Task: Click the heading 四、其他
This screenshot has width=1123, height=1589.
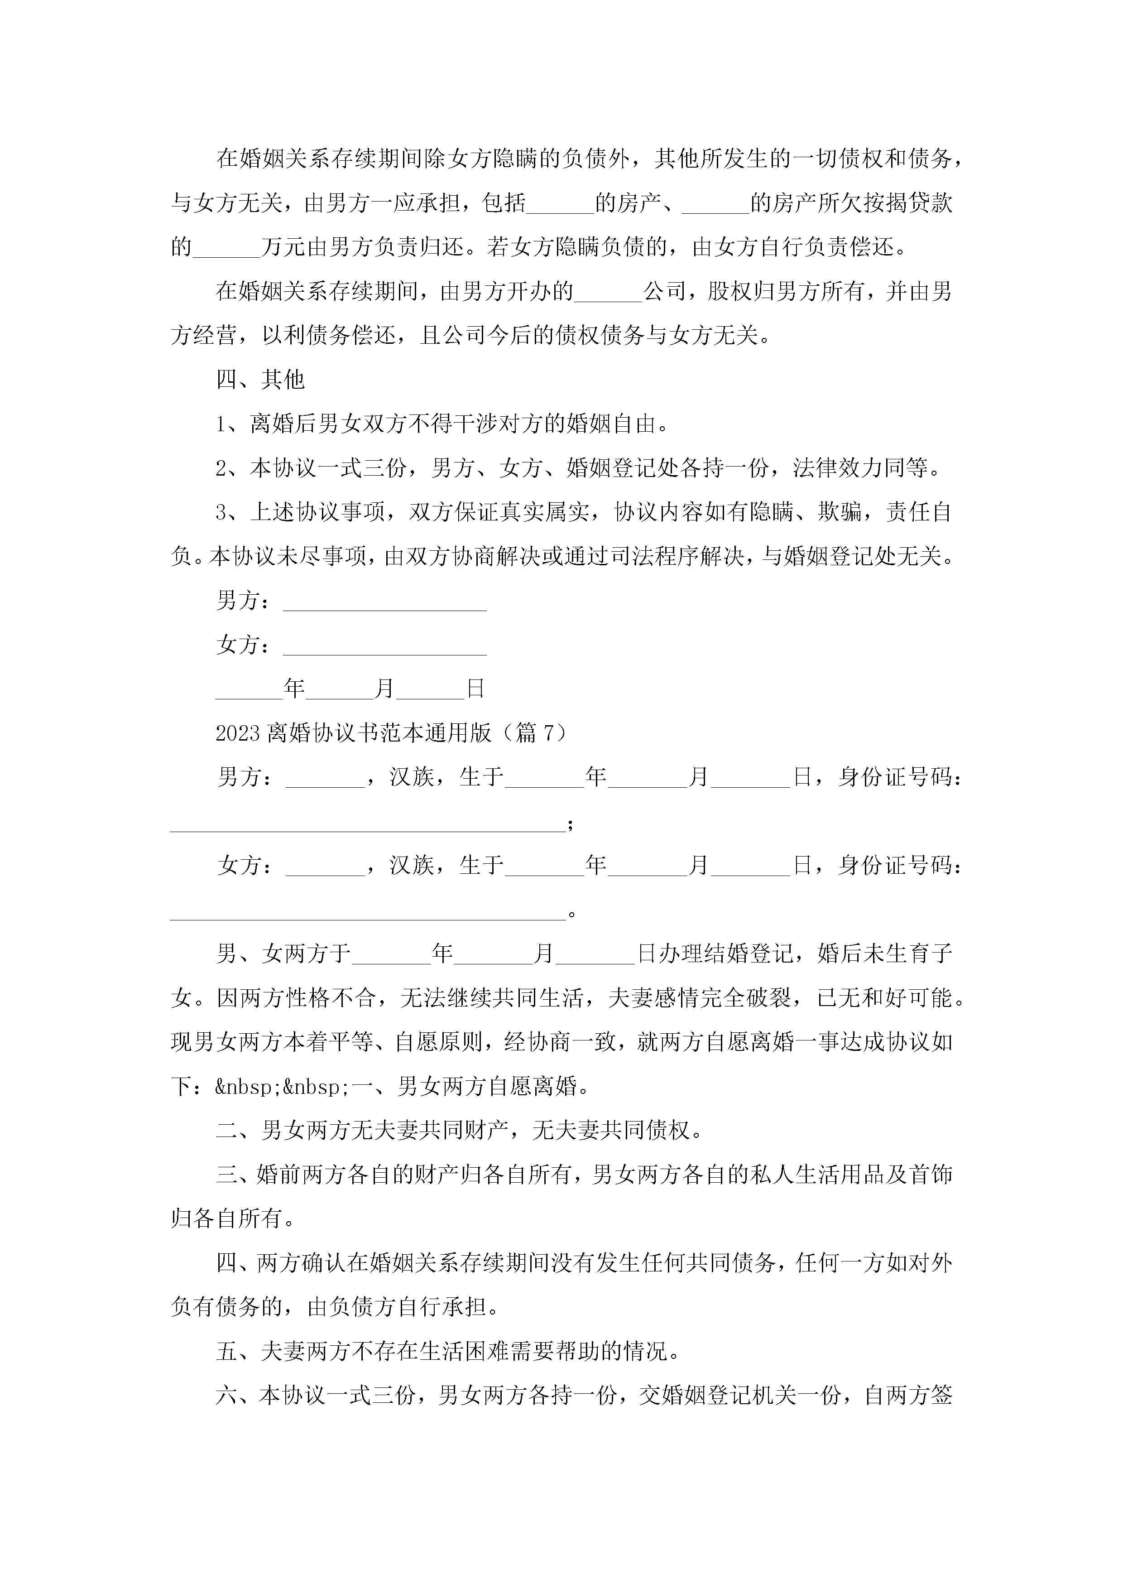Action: point(260,379)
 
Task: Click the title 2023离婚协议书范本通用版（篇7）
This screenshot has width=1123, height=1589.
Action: point(391,732)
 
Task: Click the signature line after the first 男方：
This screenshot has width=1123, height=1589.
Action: point(385,602)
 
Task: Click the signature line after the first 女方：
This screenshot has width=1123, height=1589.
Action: point(385,646)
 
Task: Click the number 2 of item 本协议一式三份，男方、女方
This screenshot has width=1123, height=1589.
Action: point(221,468)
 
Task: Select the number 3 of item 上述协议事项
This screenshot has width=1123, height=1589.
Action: point(221,513)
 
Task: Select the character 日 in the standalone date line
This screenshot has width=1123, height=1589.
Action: point(475,689)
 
